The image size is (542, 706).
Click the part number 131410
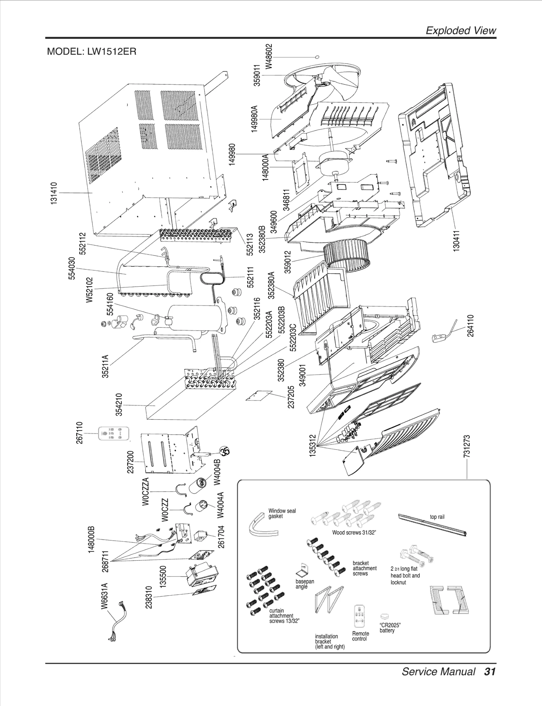click(x=54, y=193)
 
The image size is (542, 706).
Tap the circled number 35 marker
click(x=224, y=452)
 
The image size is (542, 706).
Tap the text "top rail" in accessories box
click(x=437, y=517)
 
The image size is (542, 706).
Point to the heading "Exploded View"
click(x=460, y=30)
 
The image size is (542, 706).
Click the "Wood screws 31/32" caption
click(x=354, y=533)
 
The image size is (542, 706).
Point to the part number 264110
click(x=471, y=326)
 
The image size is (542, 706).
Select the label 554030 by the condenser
click(x=72, y=268)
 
